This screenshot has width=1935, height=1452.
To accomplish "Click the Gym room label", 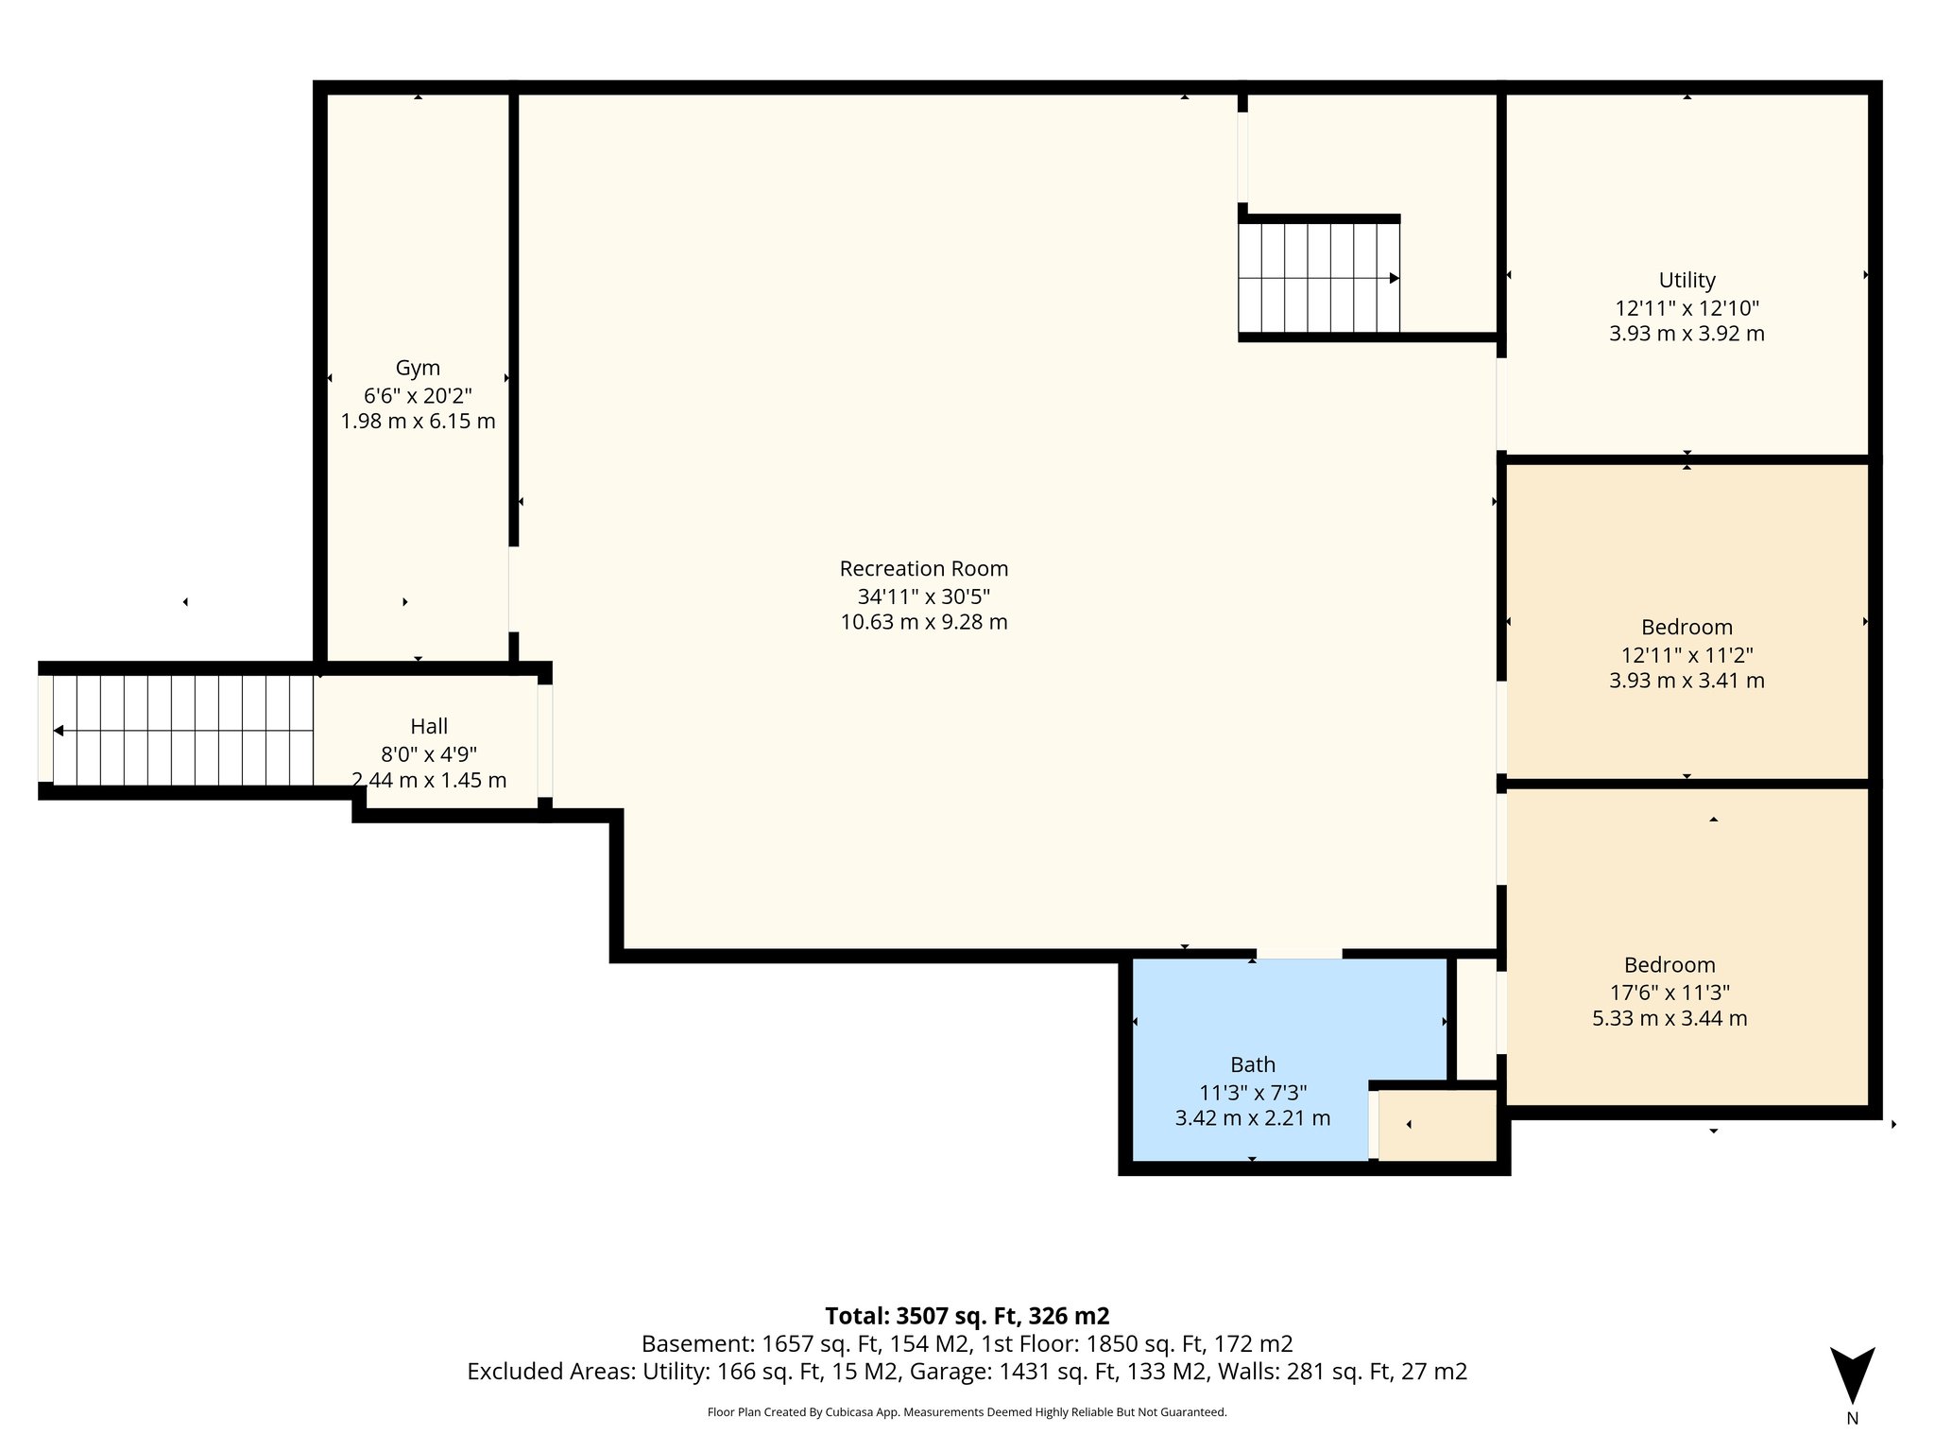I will tap(418, 368).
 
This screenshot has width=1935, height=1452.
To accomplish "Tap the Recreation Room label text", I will tap(923, 569).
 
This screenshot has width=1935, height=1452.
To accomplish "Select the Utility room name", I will tap(1687, 281).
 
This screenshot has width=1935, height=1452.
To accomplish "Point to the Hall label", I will tap(429, 727).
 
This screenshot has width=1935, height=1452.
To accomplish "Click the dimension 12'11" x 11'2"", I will tap(1687, 655).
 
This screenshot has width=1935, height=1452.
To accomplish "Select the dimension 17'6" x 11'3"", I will tap(1670, 993).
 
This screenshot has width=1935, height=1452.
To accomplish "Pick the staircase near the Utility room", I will tap(1319, 278).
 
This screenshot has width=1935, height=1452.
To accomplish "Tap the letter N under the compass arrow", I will tap(1852, 1418).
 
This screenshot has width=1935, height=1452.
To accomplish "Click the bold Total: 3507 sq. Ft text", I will tap(967, 1316).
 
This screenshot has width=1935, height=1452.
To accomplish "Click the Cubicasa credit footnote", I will tap(967, 1412).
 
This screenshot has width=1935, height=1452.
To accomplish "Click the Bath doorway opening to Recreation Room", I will tap(1298, 954).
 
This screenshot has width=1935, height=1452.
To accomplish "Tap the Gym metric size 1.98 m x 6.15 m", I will tap(418, 422).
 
